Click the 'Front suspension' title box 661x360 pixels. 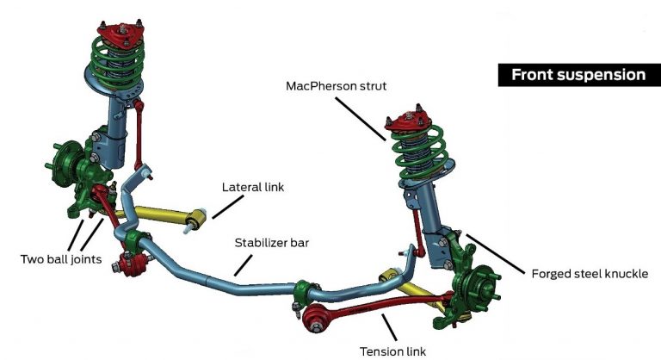(578, 75)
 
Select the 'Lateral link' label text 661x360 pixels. (253, 186)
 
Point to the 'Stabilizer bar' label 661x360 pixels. (272, 243)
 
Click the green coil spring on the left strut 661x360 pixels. (115, 65)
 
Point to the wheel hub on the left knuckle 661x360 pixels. (59, 164)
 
